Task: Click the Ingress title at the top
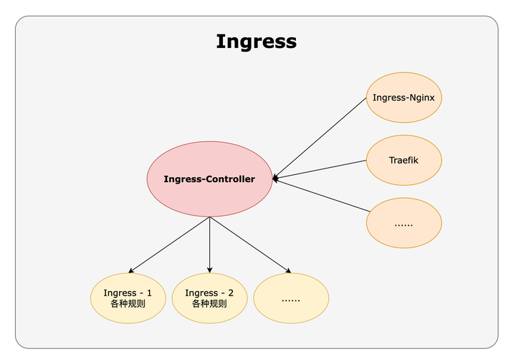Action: pyautogui.click(x=256, y=42)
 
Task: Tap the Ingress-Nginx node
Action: pyautogui.click(x=403, y=98)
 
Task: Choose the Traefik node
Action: pyautogui.click(x=403, y=161)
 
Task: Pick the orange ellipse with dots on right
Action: pyautogui.click(x=403, y=224)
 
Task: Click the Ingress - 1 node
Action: pyautogui.click(x=128, y=298)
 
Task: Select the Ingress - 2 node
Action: pyautogui.click(x=209, y=298)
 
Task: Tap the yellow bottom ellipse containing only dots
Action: pyautogui.click(x=291, y=298)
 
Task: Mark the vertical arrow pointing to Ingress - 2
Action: pyautogui.click(x=209, y=244)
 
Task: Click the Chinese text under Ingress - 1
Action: pyautogui.click(x=128, y=304)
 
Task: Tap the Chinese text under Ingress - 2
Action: pyautogui.click(x=209, y=304)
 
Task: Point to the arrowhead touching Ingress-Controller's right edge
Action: pyautogui.click(x=276, y=178)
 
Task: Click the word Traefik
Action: pyautogui.click(x=403, y=161)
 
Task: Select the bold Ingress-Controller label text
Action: pyautogui.click(x=209, y=179)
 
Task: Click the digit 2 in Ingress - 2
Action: pyautogui.click(x=230, y=293)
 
